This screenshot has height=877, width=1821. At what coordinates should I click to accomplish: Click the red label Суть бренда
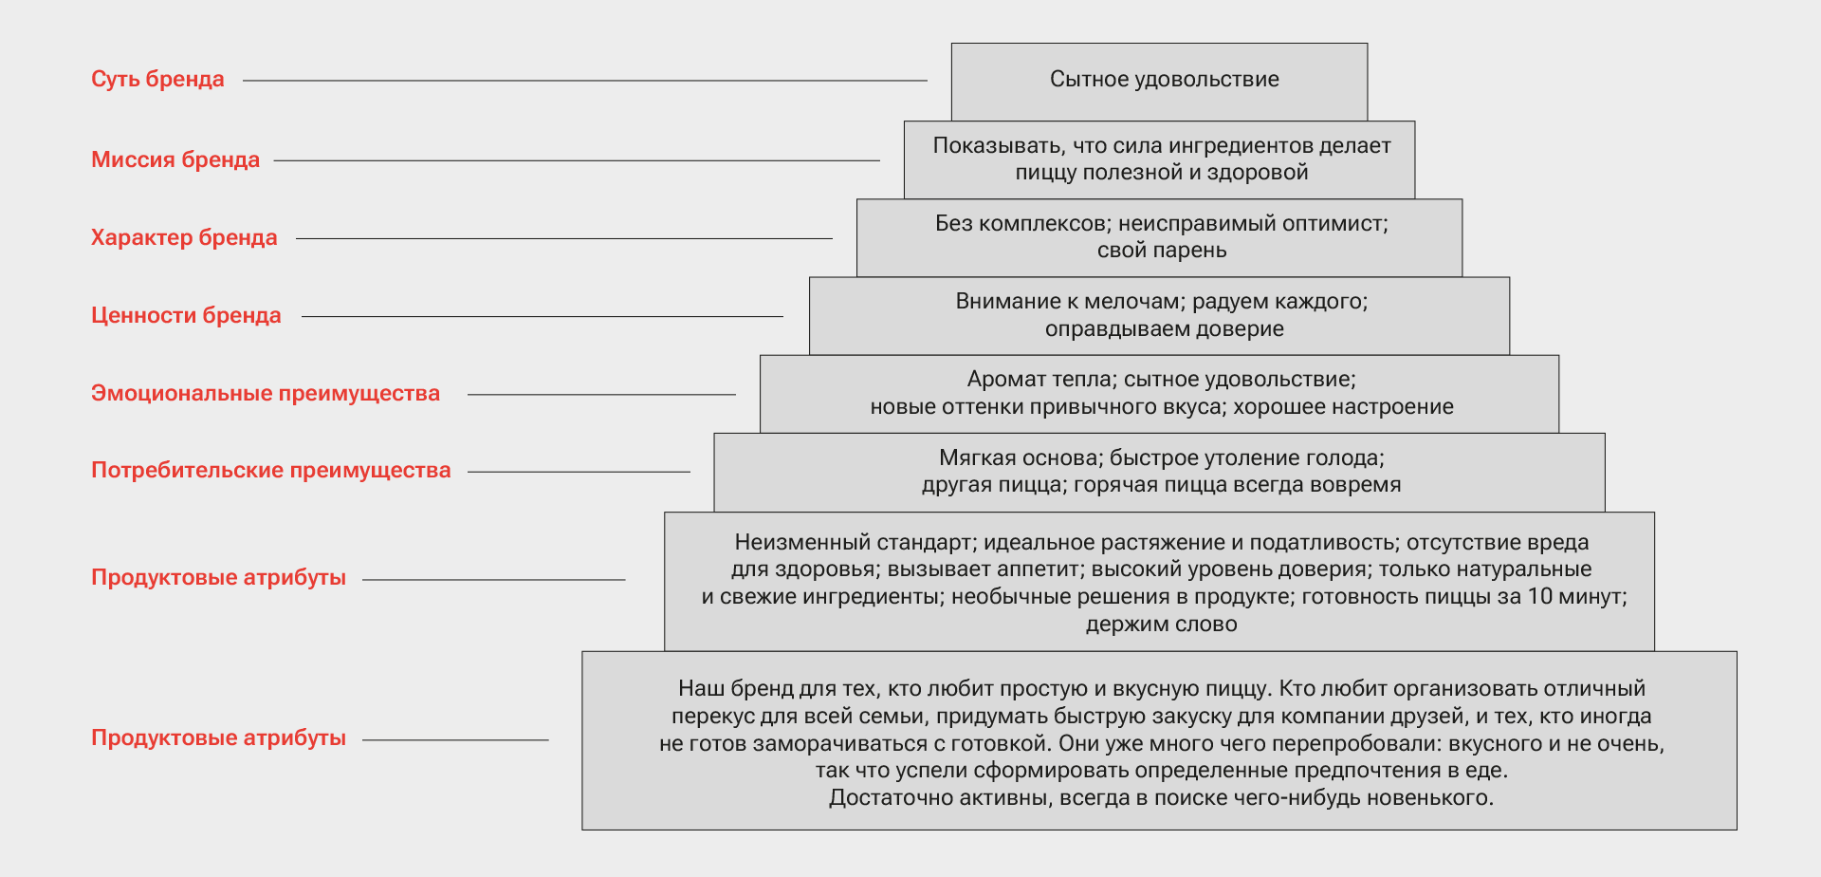pos(157,80)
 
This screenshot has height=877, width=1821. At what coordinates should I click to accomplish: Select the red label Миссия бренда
pos(175,159)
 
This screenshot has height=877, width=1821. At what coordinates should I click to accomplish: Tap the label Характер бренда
pos(184,237)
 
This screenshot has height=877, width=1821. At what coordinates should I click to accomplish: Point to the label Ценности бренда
pos(186,315)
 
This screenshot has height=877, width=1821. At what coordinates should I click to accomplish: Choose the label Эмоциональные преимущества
pos(266,393)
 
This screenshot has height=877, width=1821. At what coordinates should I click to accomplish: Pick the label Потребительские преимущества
pos(270,470)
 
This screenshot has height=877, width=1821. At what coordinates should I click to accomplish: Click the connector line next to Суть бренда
pos(584,81)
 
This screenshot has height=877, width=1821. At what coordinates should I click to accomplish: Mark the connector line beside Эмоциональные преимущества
pos(601,394)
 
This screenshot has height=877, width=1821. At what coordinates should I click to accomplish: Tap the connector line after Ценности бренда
pos(542,316)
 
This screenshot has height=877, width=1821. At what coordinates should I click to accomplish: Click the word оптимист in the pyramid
pos(1337,224)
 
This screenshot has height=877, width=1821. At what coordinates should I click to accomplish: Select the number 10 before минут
pos(1539,597)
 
